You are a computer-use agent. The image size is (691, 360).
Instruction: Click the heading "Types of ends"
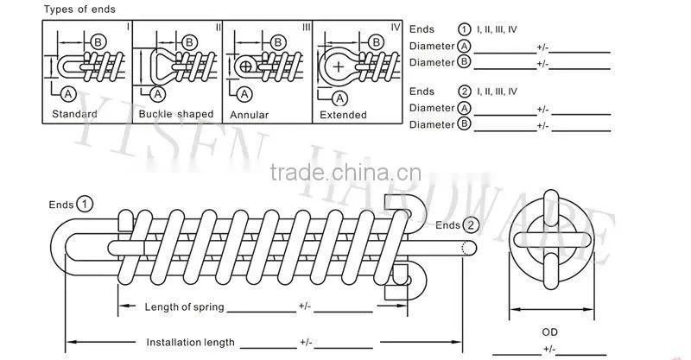pos(79,9)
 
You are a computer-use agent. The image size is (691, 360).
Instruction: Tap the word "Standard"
pos(74,114)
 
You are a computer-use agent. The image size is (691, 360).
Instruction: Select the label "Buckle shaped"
pos(176,114)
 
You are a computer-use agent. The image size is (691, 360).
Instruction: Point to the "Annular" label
pos(249,115)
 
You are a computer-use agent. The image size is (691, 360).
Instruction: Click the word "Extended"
pos(343,115)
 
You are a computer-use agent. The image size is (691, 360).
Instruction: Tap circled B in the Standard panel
pos(98,42)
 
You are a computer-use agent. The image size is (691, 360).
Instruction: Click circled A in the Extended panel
pos(339,98)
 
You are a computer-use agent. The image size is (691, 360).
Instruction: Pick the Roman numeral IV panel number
pos(396,28)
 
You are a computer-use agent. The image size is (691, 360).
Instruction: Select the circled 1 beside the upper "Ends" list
pos(465,29)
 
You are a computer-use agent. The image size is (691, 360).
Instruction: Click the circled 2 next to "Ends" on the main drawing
pos(471,225)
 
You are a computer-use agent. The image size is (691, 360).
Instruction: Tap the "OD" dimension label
pos(549,332)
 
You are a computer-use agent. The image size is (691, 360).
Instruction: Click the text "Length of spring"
pos(184,306)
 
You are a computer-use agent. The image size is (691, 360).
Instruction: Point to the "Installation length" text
pos(190,343)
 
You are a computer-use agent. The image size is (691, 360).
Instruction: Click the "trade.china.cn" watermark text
pos(345,173)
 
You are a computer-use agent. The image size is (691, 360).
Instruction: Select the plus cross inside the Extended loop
pos(338,67)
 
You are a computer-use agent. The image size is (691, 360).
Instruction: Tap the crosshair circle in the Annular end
pos(246,67)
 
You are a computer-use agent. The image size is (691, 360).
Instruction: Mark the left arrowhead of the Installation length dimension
pos(72,342)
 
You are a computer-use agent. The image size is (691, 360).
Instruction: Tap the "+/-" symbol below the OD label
pos(549,350)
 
